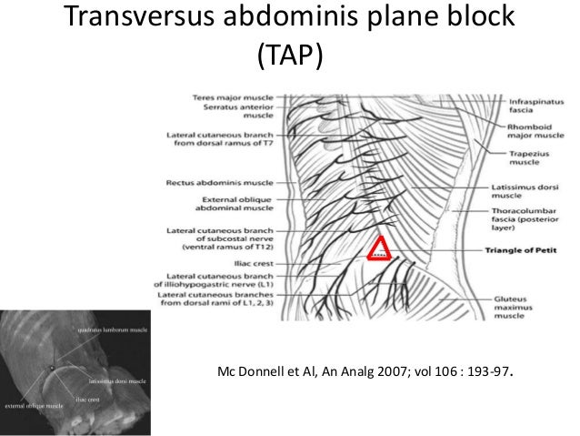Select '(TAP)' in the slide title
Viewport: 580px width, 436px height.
[288, 57]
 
